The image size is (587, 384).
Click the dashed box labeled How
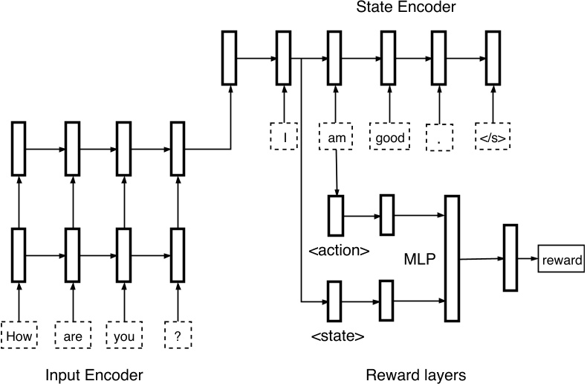click(19, 336)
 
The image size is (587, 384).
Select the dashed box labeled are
click(72, 336)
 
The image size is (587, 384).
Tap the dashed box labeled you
click(124, 336)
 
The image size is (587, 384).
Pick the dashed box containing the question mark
click(178, 336)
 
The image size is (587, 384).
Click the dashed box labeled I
click(284, 137)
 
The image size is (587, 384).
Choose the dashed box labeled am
click(337, 137)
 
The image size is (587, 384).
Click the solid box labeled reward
click(561, 260)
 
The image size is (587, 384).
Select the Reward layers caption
click(415, 374)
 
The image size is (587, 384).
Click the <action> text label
click(339, 250)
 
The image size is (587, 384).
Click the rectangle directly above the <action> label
click(336, 216)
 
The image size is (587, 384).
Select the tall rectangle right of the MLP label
click(452, 258)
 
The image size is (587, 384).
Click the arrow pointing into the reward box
click(527, 260)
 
